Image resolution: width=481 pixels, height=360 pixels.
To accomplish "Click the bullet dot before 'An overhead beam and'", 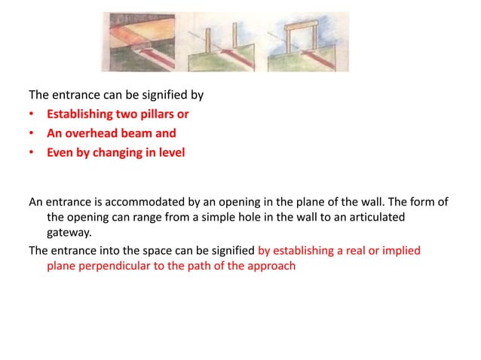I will click(x=32, y=134).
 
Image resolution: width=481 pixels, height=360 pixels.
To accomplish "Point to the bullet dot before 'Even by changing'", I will click(x=32, y=153).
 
